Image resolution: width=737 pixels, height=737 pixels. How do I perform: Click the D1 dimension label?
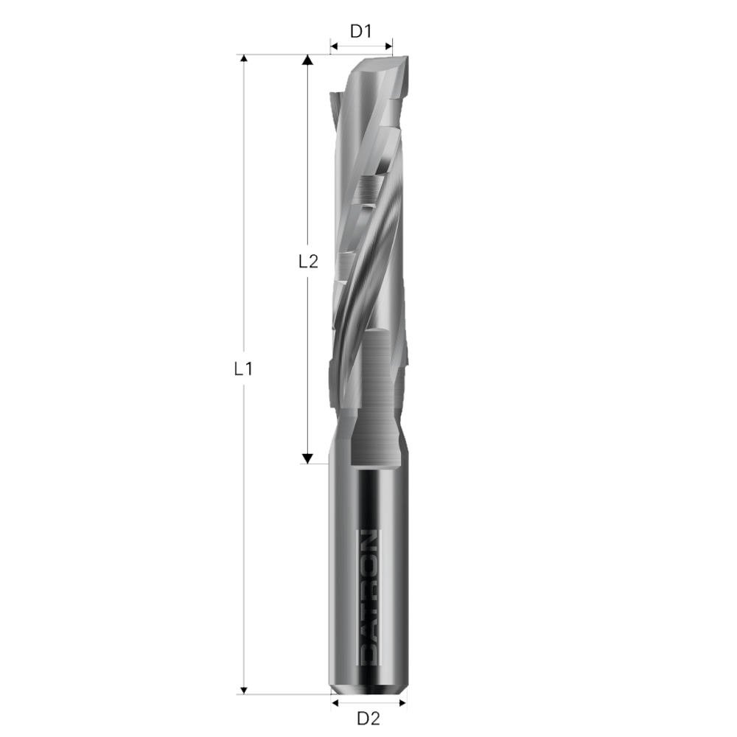[x=360, y=32]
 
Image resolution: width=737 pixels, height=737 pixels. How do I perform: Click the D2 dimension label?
[x=368, y=718]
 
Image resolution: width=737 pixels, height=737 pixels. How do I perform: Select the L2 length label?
[x=308, y=261]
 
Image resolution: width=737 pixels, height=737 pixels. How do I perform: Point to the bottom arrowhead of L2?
[x=308, y=458]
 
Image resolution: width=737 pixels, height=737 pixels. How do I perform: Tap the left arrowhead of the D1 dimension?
[x=333, y=47]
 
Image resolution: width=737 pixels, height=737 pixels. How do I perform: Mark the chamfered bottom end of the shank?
[x=368, y=690]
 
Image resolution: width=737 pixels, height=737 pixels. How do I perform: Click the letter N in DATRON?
[x=368, y=538]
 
